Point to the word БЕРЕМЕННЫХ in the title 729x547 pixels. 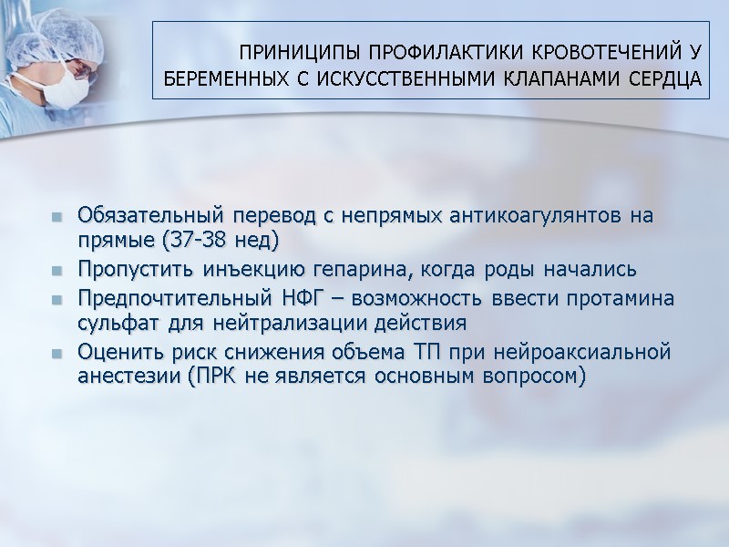point(219,78)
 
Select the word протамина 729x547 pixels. point(620,300)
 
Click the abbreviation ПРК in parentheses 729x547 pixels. point(217,377)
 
